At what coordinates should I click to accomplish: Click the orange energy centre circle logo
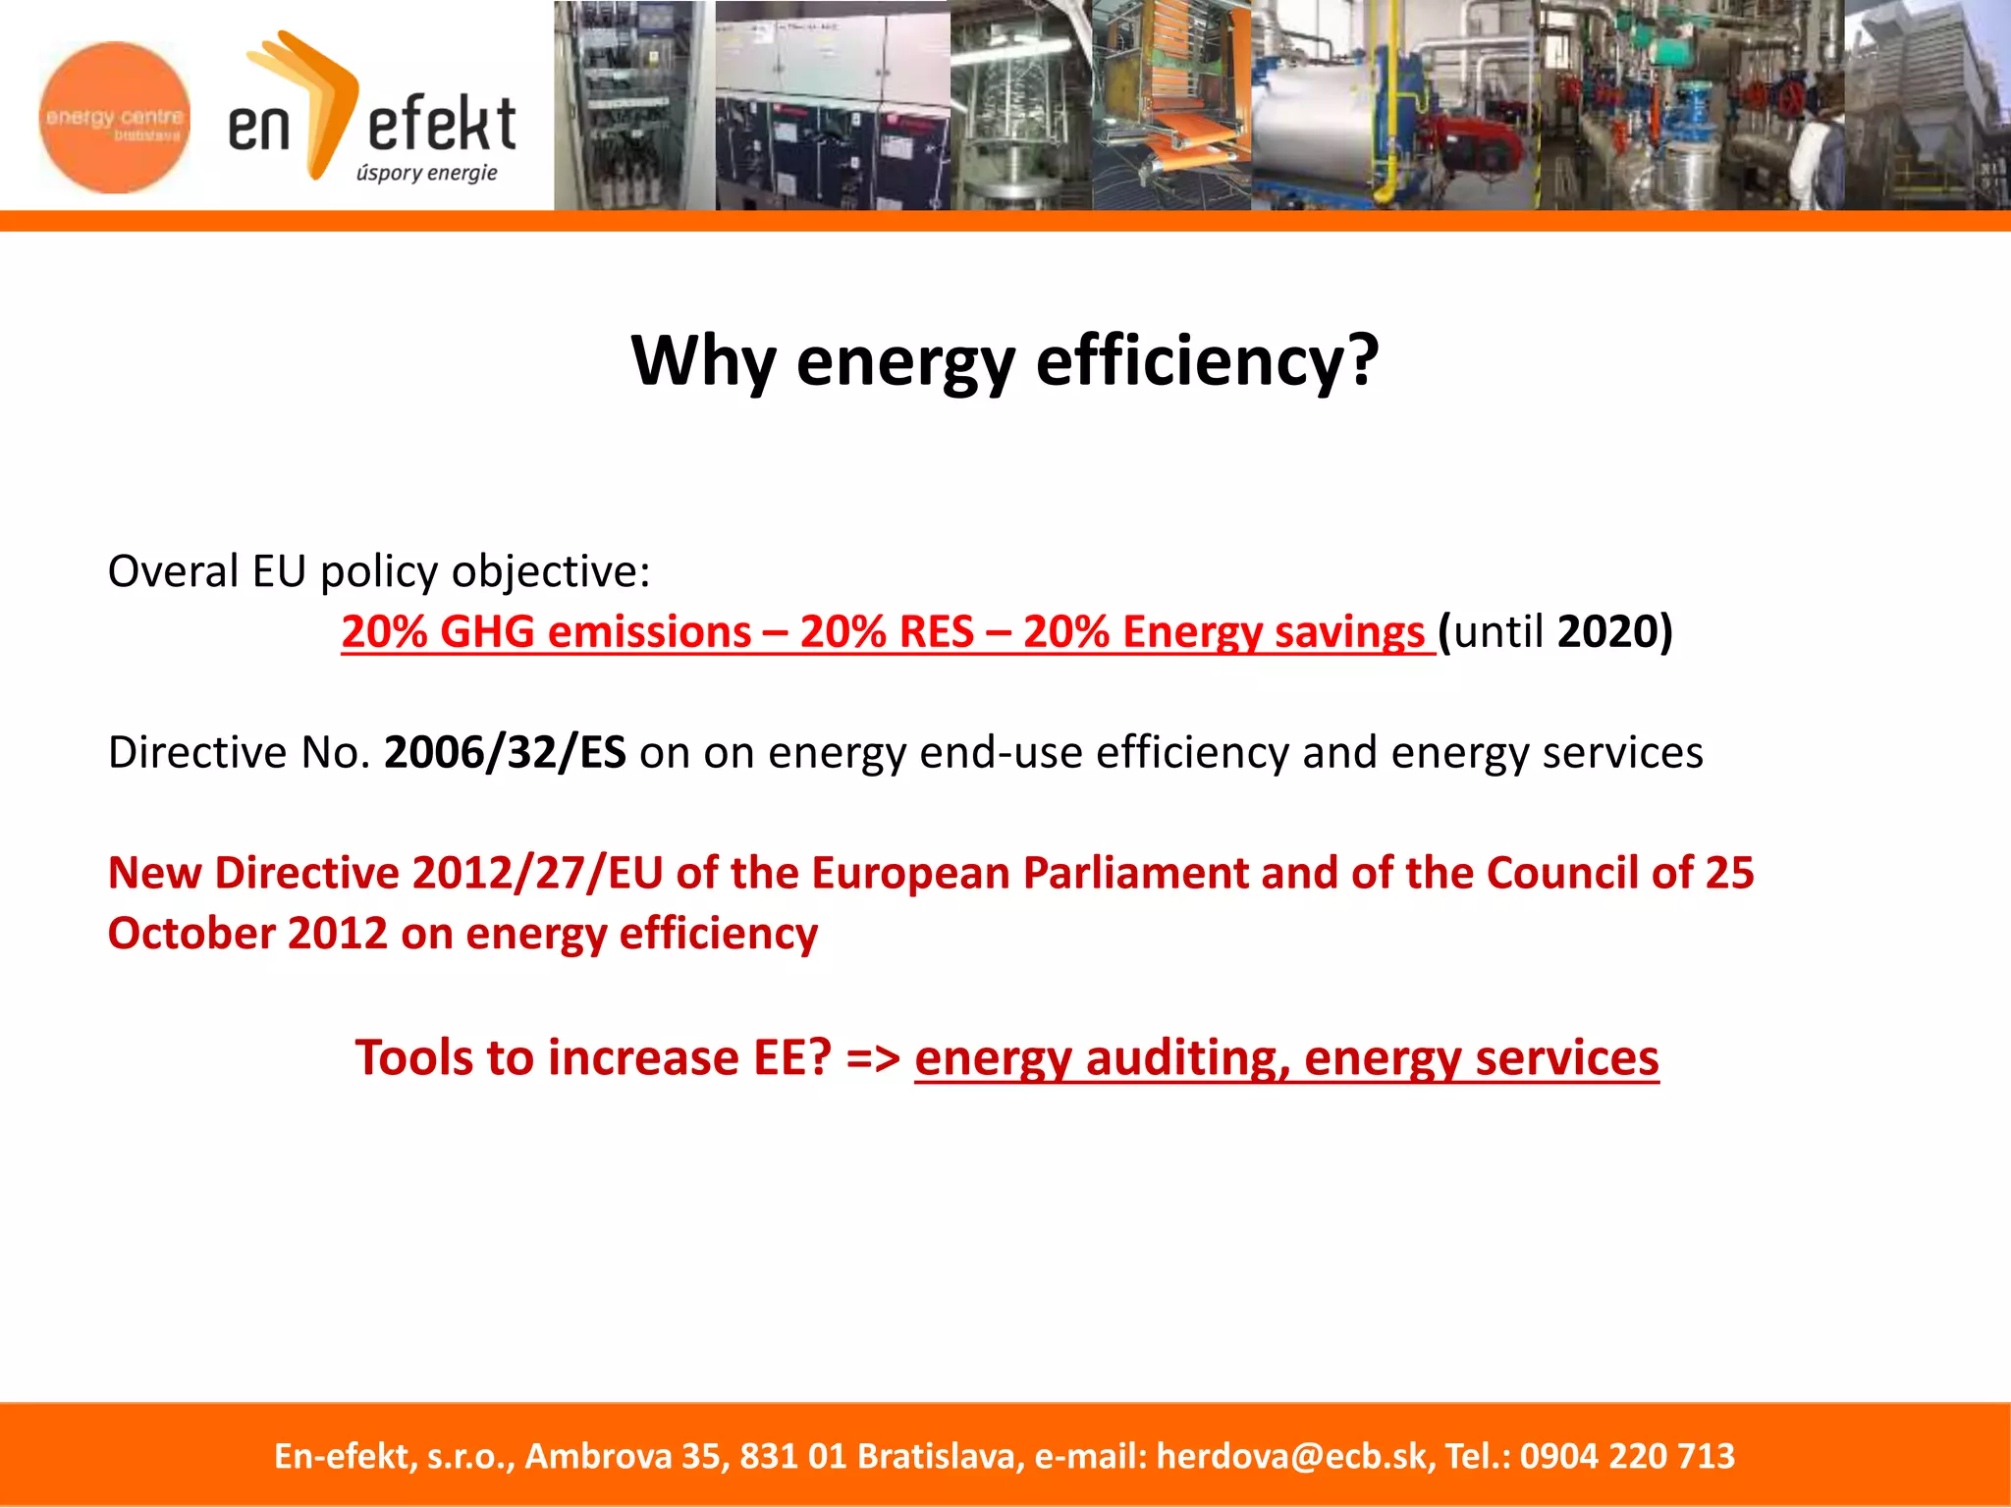tap(115, 117)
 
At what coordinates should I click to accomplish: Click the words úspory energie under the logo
tap(426, 174)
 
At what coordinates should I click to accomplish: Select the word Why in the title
tap(703, 361)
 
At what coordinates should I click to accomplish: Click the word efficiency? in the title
tap(1207, 361)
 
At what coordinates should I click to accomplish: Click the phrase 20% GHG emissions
tap(545, 632)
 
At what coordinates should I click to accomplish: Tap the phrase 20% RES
tap(886, 632)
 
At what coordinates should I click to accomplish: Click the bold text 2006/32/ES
tap(505, 753)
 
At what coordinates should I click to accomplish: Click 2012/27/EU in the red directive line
tap(537, 873)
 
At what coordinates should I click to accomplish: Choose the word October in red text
tap(191, 934)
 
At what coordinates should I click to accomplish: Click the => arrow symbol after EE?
tap(873, 1058)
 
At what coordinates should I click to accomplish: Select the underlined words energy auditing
tap(1101, 1058)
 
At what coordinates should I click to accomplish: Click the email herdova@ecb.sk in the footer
tap(1291, 1456)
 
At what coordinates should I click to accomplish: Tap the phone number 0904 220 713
tap(1627, 1456)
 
